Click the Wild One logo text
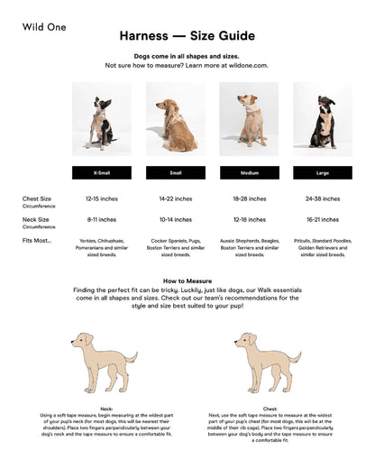point(44,27)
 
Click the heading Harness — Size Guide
point(187,36)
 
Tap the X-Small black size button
point(102,172)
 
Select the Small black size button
point(175,172)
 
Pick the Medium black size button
point(249,172)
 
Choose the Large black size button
point(322,172)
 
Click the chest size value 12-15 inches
point(101,198)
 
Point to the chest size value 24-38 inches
point(322,198)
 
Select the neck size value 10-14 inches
point(175,219)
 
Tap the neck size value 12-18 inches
point(249,219)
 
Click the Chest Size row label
point(37,198)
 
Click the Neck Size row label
point(36,219)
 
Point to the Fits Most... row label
point(37,240)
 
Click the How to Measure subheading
point(187,280)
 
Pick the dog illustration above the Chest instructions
point(269,361)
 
